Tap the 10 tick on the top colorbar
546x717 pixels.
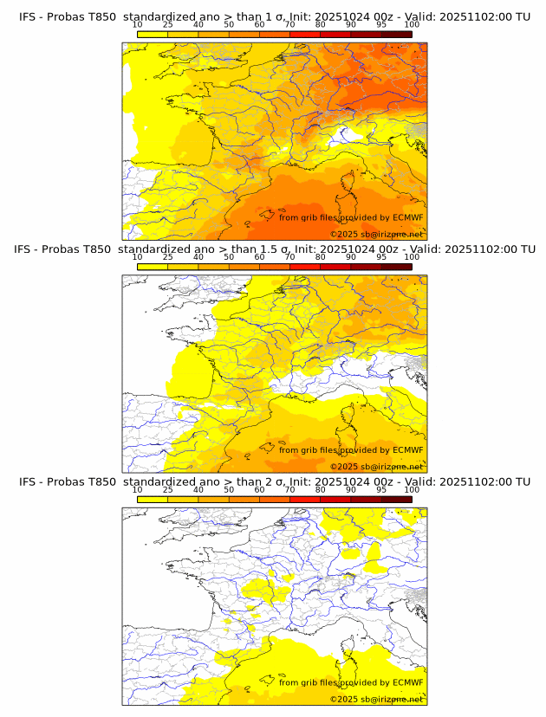pos(138,25)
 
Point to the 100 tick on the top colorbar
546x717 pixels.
pos(412,25)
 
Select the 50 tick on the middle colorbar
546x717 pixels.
pos(229,257)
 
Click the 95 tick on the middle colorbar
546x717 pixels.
pos(380,257)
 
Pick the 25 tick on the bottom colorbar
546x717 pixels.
pos(168,489)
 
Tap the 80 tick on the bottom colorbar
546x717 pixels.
pos(321,489)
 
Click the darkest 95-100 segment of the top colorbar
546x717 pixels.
pos(396,34)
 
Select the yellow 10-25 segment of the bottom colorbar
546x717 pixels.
pos(153,499)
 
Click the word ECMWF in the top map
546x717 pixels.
pos(407,217)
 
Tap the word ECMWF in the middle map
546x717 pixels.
pos(407,449)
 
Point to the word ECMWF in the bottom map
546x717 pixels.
pos(407,682)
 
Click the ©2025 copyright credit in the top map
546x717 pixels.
pos(376,234)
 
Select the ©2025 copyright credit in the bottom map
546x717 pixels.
pos(376,699)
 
